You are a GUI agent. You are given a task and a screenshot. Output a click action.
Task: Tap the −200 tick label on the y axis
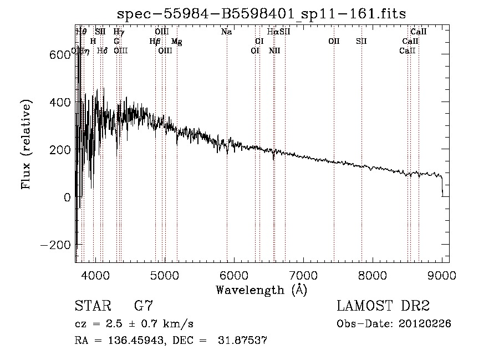pyautogui.click(x=52, y=245)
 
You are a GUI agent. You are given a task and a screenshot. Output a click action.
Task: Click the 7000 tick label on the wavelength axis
pyautogui.click(x=303, y=275)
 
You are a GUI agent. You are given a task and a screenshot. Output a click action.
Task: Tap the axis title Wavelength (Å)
pyautogui.click(x=261, y=290)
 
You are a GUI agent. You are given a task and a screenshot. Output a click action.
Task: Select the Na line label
pyautogui.click(x=226, y=32)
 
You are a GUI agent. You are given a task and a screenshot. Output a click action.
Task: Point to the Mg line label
pyautogui.click(x=176, y=42)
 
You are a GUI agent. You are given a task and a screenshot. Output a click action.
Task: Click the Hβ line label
pyautogui.click(x=155, y=42)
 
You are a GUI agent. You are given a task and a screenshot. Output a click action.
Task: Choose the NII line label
pyautogui.click(x=274, y=51)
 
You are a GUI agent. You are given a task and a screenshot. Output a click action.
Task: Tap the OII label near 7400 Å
pyautogui.click(x=334, y=42)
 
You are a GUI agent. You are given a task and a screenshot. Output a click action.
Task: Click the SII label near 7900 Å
pyautogui.click(x=361, y=42)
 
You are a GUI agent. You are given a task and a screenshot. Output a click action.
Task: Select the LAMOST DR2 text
pyautogui.click(x=383, y=306)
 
